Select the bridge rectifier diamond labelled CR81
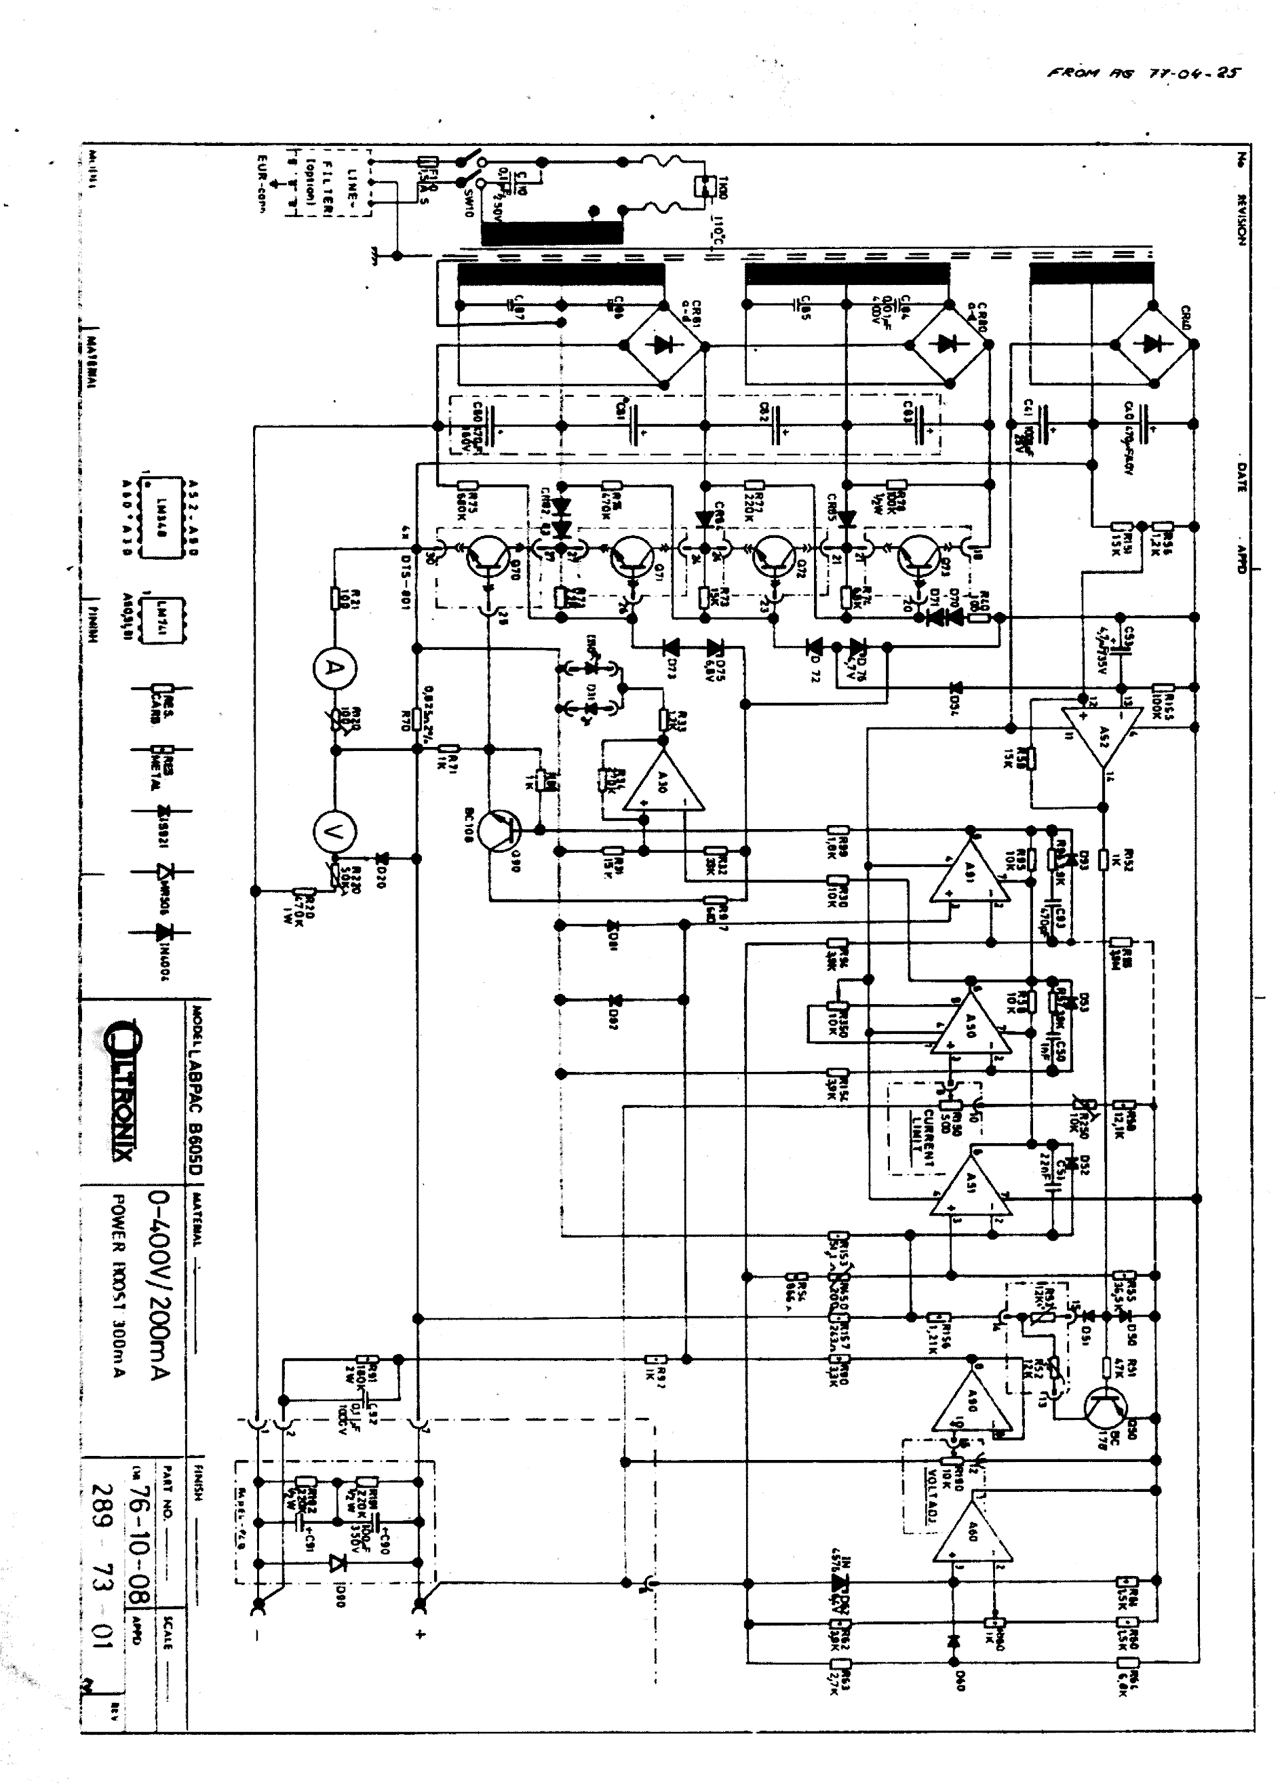[x=663, y=345]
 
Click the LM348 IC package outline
[x=162, y=517]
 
